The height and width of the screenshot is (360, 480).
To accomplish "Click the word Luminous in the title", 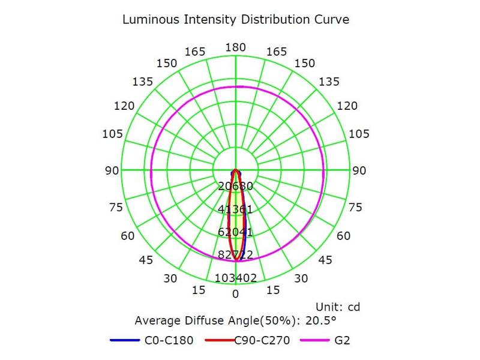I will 148,19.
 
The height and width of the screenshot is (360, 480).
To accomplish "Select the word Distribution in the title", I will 276,19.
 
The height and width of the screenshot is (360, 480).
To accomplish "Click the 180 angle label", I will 235,47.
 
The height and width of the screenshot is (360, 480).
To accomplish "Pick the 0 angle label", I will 235,293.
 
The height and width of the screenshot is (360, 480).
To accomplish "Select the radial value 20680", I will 235,186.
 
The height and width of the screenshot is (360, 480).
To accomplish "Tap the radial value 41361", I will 235,209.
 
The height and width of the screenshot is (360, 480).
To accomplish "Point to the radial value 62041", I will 235,232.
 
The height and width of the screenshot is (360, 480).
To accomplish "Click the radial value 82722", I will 235,255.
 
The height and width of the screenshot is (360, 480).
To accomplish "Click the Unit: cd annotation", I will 337,307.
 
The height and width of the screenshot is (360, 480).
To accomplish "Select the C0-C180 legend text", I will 169,341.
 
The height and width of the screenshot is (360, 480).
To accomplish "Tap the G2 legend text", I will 342,341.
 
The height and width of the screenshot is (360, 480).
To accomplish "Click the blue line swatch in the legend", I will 125,341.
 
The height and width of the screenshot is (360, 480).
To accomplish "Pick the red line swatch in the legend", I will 219,341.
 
